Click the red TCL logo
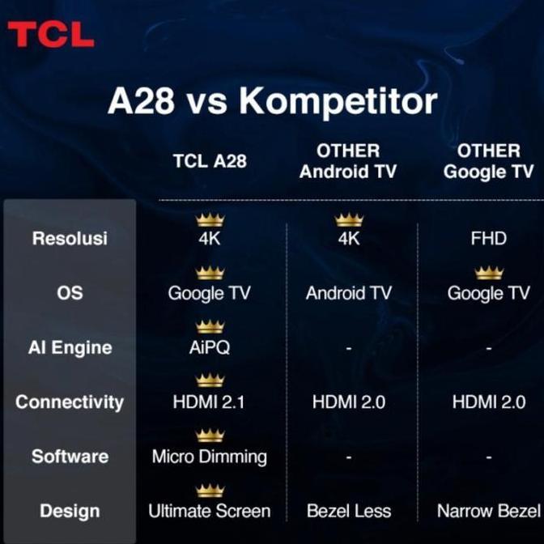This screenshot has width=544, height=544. pos(51,34)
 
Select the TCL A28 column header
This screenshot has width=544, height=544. pos(210,160)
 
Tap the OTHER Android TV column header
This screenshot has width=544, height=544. pos(348,161)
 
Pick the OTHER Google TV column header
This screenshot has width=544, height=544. pos(489,161)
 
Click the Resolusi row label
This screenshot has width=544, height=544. pos(70,239)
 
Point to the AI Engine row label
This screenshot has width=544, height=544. pos(70,347)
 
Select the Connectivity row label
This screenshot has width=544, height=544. pos(70,402)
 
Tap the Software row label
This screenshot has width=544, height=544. pos(70,457)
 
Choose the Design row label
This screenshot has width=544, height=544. pos(70,512)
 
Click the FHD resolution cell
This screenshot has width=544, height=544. pos(488,239)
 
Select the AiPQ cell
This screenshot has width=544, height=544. pos(210,347)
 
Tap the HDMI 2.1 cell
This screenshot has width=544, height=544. pos(210,402)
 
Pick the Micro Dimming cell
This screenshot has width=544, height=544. pos(210,457)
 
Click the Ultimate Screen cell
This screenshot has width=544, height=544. pos(210,512)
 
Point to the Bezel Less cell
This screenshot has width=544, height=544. pos(349,512)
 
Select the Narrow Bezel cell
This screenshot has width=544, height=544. pos(488,512)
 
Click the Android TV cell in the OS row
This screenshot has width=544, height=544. pos(349,293)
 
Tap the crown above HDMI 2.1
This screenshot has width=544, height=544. pos(210,380)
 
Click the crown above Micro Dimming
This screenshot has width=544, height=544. pos(210,436)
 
